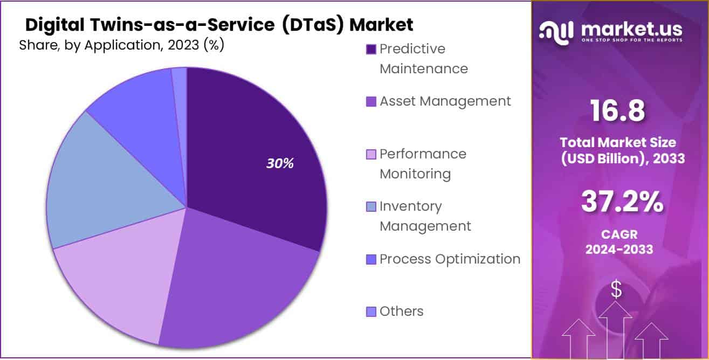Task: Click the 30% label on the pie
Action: click(x=279, y=164)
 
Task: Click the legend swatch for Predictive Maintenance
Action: click(x=371, y=50)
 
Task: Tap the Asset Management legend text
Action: click(x=445, y=101)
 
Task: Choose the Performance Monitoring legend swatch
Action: click(x=371, y=155)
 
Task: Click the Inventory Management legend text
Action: click(x=425, y=216)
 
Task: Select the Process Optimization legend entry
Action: click(x=450, y=259)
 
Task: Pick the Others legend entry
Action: click(x=401, y=311)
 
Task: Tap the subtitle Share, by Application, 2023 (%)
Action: click(x=121, y=45)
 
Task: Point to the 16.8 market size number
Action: click(x=617, y=112)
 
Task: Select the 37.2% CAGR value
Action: click(x=622, y=202)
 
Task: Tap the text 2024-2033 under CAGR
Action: click(x=619, y=250)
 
